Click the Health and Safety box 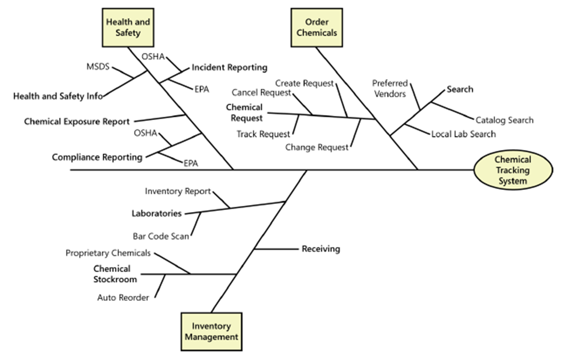(x=128, y=27)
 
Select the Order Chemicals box (x=316, y=27)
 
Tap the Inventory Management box (x=211, y=331)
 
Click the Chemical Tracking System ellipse (x=513, y=170)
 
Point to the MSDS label (x=98, y=66)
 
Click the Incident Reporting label (x=229, y=67)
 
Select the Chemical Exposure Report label (x=77, y=121)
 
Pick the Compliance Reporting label (x=97, y=157)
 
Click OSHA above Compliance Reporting (x=145, y=133)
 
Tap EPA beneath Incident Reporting (x=202, y=89)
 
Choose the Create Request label (x=304, y=83)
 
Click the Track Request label (x=263, y=134)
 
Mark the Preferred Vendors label (x=390, y=88)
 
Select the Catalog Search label (x=505, y=120)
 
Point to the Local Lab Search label (x=463, y=134)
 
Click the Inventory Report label (x=178, y=191)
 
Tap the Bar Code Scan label (x=161, y=236)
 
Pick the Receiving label (x=321, y=249)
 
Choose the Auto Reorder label (x=123, y=297)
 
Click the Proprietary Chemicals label (x=108, y=253)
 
